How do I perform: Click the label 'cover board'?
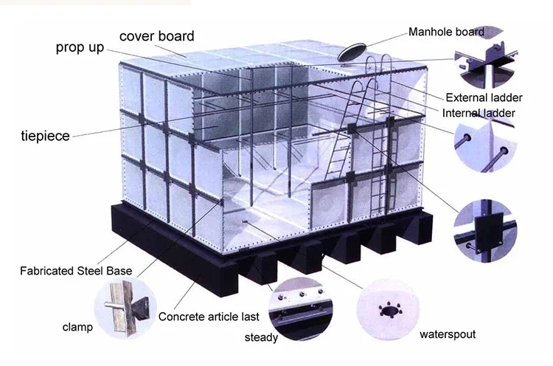pos(156,35)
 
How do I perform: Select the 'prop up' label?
pos(80,48)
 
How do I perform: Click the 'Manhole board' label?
pos(446,32)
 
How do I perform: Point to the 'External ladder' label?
pos(484,97)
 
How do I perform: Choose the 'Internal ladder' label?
pos(479,113)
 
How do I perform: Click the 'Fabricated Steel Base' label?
pos(76,271)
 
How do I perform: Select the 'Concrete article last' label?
pos(209,317)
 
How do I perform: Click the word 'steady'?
pos(261,338)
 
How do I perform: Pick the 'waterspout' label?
pos(448,334)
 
